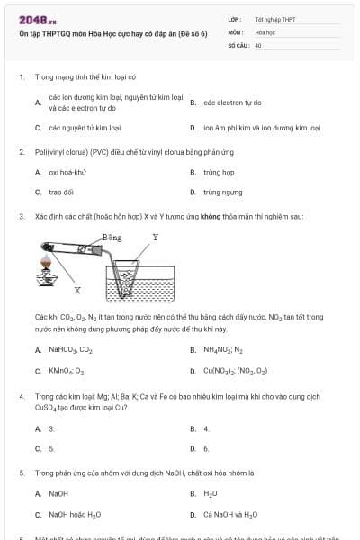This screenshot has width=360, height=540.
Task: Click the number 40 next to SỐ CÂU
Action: click(x=258, y=44)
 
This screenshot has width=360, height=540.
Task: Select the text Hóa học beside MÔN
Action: click(x=264, y=31)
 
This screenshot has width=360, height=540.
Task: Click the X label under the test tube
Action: click(x=77, y=290)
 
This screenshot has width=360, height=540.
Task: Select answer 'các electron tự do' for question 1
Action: click(x=232, y=103)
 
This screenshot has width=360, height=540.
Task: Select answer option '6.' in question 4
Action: click(x=206, y=447)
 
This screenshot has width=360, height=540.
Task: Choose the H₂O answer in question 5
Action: click(x=211, y=493)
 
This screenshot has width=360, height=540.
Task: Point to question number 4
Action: click(x=22, y=396)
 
